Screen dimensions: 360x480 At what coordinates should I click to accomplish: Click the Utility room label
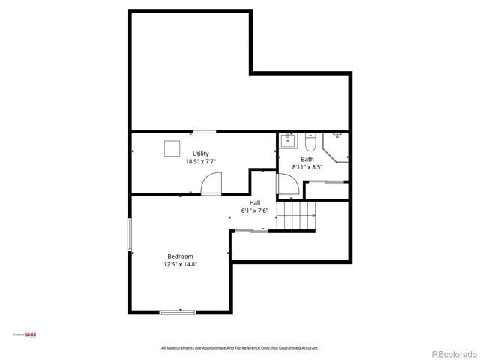pyautogui.click(x=200, y=154)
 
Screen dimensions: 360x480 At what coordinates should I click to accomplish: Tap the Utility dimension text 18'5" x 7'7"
pyautogui.click(x=200, y=161)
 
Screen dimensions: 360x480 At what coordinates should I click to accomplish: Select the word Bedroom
pyautogui.click(x=180, y=256)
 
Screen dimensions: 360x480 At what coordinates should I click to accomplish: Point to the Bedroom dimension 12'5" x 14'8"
pyautogui.click(x=180, y=264)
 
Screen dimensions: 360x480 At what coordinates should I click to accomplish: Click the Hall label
pyautogui.click(x=255, y=203)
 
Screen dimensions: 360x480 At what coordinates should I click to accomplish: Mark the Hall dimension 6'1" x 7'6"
pyautogui.click(x=255, y=211)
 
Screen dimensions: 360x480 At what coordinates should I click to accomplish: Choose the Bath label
pyautogui.click(x=308, y=159)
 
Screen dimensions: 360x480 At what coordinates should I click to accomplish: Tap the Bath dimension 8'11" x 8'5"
pyautogui.click(x=308, y=166)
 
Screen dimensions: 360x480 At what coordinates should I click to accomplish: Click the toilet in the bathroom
pyautogui.click(x=310, y=141)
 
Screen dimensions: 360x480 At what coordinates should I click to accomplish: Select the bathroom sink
pyautogui.click(x=289, y=140)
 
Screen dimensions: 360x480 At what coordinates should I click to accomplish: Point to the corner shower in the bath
pyautogui.click(x=337, y=145)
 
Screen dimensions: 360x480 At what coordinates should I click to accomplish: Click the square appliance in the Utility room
pyautogui.click(x=172, y=148)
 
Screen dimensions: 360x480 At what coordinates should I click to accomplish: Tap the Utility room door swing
pyautogui.click(x=212, y=184)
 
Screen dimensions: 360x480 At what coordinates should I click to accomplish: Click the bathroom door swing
pyautogui.click(x=288, y=185)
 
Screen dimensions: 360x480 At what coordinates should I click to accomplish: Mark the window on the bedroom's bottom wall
pyautogui.click(x=178, y=311)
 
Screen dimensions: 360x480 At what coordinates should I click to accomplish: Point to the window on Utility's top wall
pyautogui.click(x=203, y=132)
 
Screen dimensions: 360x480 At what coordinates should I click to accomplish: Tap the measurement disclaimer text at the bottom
pyautogui.click(x=240, y=348)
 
